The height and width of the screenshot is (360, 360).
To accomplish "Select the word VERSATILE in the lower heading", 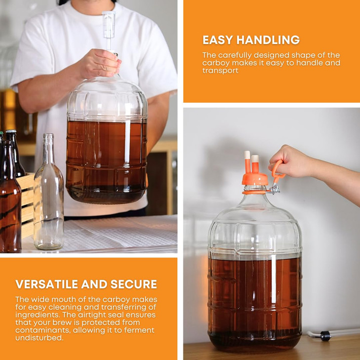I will click(45, 284).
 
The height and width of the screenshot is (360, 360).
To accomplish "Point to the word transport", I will click(220, 71).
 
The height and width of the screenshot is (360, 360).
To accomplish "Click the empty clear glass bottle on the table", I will click(48, 198).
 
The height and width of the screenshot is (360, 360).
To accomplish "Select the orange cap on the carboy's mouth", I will click(254, 179).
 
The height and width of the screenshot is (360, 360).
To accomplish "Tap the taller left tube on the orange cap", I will click(247, 162).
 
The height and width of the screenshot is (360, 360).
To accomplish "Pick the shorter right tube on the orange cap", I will click(255, 164).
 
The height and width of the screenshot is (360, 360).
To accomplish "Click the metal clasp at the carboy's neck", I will click(273, 188).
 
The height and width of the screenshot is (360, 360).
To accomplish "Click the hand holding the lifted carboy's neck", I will click(98, 64).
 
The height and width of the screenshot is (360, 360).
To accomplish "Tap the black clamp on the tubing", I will click(325, 336).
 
